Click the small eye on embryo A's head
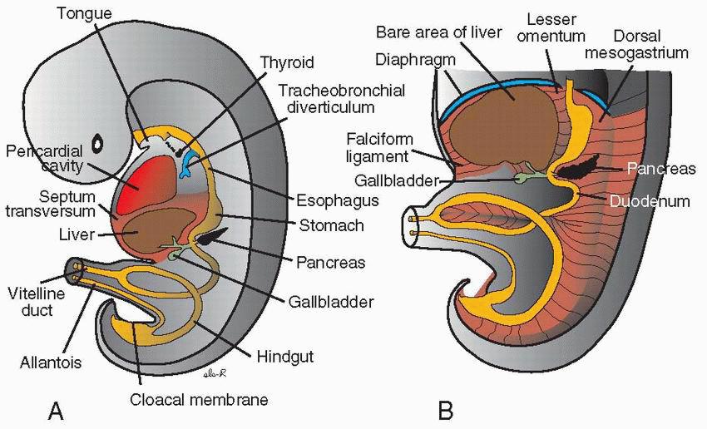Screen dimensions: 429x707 (99, 144)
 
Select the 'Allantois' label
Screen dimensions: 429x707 (49, 363)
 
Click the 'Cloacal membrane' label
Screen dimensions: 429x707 (199, 399)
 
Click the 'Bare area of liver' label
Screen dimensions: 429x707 (439, 32)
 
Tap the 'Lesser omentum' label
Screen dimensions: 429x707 (557, 27)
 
